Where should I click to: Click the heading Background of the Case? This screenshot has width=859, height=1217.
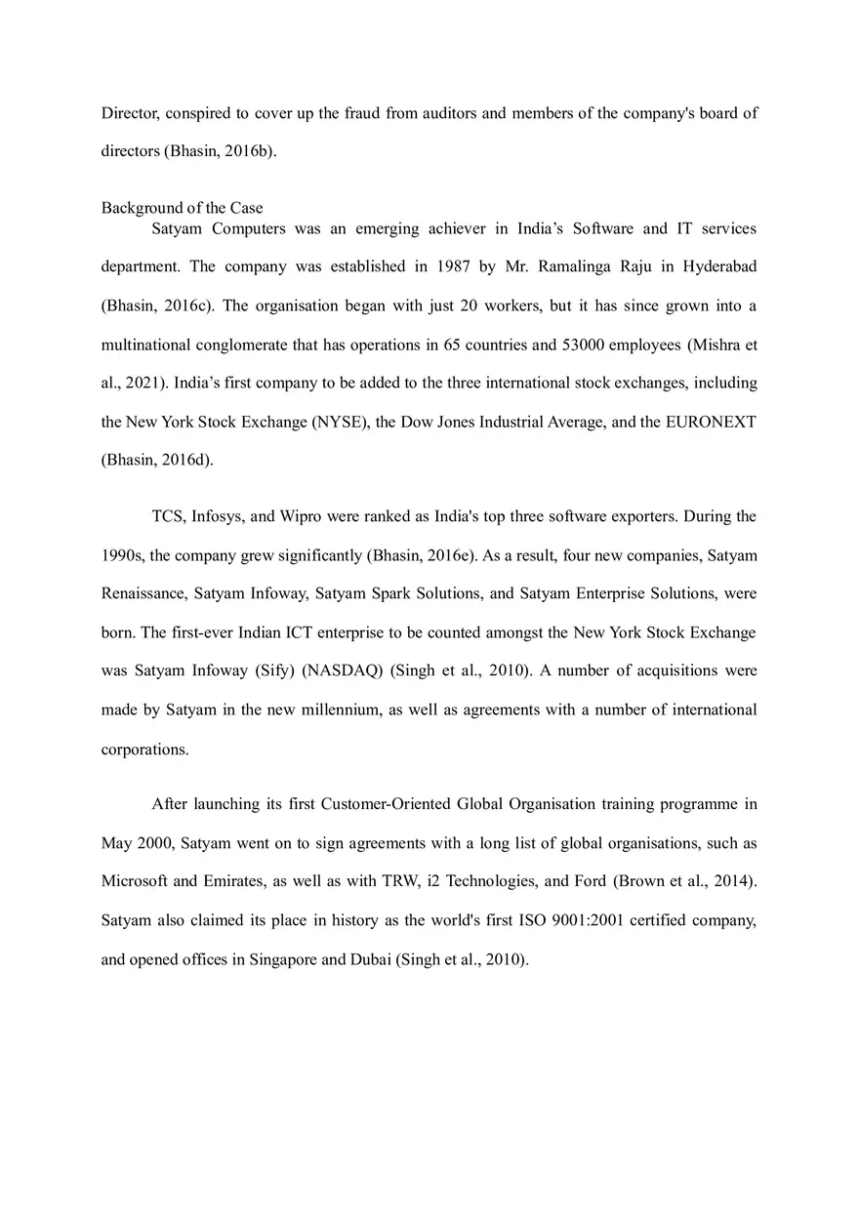[x=182, y=208]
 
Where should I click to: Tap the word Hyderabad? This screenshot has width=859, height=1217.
[x=719, y=266]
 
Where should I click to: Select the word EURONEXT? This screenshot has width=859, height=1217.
[x=712, y=422]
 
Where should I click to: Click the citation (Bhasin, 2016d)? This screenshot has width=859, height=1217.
[x=156, y=461]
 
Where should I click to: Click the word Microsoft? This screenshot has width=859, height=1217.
[x=135, y=881]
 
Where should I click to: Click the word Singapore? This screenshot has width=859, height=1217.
[x=283, y=959]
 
